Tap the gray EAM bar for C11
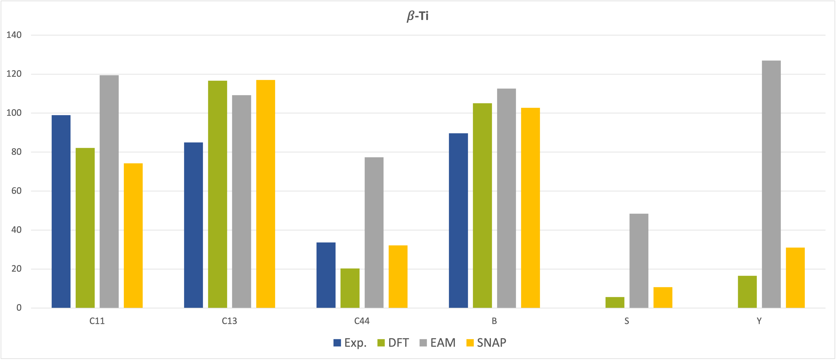click(x=109, y=192)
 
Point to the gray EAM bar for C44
click(x=374, y=232)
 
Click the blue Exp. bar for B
click(x=458, y=220)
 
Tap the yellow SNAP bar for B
click(x=530, y=208)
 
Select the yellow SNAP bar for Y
click(x=795, y=278)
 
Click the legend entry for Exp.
click(x=350, y=343)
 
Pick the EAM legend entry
click(x=438, y=343)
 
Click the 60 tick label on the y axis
click(x=16, y=191)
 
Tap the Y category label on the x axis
click(x=759, y=321)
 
